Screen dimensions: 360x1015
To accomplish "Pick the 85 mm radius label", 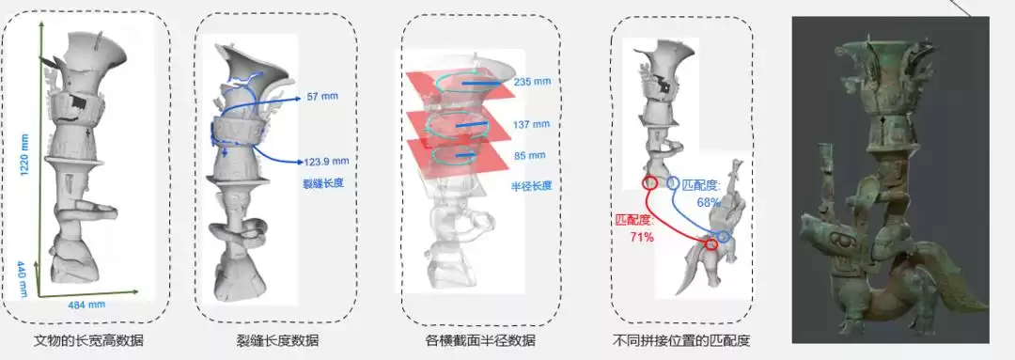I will pyautogui.click(x=530, y=154).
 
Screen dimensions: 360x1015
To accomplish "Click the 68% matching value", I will pyautogui.click(x=708, y=202).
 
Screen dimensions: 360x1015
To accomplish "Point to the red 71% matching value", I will pyautogui.click(x=642, y=238).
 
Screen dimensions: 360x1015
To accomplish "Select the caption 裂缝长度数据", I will pyautogui.click(x=277, y=340).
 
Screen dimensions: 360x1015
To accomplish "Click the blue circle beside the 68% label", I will pyautogui.click(x=673, y=181).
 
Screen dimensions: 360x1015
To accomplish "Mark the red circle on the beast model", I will pyautogui.click(x=711, y=244).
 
